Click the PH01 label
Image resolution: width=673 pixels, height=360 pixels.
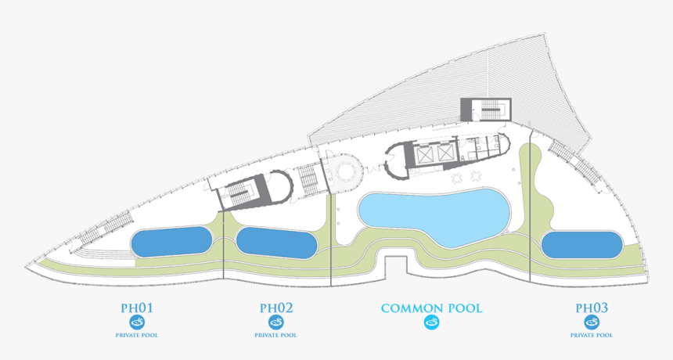click(x=137, y=308)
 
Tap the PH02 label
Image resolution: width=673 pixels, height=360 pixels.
click(x=276, y=308)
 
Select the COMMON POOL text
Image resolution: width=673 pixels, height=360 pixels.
click(x=432, y=308)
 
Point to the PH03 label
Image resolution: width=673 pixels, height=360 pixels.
click(x=592, y=308)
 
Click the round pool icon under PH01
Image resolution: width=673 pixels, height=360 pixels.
click(x=137, y=322)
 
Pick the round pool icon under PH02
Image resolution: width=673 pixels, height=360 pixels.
click(x=276, y=322)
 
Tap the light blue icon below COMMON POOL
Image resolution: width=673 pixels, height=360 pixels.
click(x=432, y=322)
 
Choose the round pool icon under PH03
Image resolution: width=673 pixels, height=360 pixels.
click(x=592, y=322)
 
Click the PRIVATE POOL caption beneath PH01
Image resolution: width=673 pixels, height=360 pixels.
click(x=137, y=335)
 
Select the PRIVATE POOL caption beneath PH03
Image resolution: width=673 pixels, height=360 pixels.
click(x=592, y=335)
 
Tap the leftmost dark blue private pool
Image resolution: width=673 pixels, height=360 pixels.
click(x=171, y=242)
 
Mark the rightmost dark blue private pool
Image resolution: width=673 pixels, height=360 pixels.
click(x=581, y=245)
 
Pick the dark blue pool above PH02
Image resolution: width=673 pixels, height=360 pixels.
click(x=277, y=243)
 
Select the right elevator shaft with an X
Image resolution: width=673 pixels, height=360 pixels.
click(x=445, y=153)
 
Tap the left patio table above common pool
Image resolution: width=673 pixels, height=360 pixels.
click(x=457, y=177)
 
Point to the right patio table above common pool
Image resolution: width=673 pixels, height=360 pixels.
click(x=475, y=176)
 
